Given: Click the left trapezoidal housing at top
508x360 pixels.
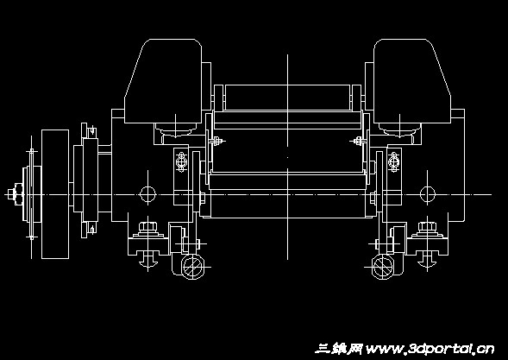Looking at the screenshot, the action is (164, 81).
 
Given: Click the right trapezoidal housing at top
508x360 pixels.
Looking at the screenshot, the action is (411, 81).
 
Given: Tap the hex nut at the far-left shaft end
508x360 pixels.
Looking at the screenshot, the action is (12, 194).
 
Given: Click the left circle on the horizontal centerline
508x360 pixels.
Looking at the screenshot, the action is (147, 194).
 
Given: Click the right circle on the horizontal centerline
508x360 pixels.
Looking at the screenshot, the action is (427, 194).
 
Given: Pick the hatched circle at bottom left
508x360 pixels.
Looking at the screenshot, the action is (193, 267).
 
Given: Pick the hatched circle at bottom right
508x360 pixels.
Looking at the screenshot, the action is (383, 267).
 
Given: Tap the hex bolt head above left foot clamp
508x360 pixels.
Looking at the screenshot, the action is (148, 226).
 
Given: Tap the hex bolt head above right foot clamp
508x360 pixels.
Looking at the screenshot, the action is (427, 226).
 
